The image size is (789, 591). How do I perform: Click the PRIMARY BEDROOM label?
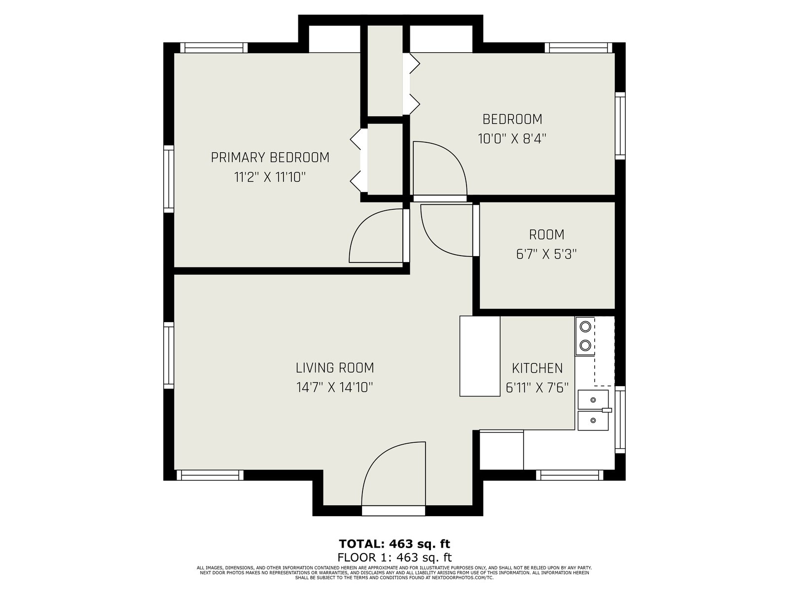coord(270,158)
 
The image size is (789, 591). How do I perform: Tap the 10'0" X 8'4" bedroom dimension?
coord(512,138)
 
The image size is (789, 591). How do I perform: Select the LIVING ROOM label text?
coord(335,368)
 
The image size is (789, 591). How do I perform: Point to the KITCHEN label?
coord(537,368)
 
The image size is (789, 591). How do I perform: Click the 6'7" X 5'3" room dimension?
coord(546,254)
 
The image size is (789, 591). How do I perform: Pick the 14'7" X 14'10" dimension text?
coord(335,387)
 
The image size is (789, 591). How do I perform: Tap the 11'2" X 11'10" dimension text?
coord(270,177)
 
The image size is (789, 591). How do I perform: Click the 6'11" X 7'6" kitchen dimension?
coord(537,388)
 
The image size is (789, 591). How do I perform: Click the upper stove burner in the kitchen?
coord(585,327)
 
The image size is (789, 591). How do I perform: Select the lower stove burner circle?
coord(585,345)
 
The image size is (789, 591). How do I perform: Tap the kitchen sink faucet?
coord(607,410)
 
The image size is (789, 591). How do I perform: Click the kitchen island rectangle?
coord(480,356)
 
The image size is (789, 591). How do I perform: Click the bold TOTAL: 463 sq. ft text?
coord(394,544)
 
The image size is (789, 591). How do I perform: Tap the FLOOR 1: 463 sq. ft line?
coord(394,558)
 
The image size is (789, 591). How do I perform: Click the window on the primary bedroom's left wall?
coord(169,179)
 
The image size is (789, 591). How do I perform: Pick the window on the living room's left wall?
coord(169,355)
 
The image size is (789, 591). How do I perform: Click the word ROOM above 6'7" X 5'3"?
coord(546,235)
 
